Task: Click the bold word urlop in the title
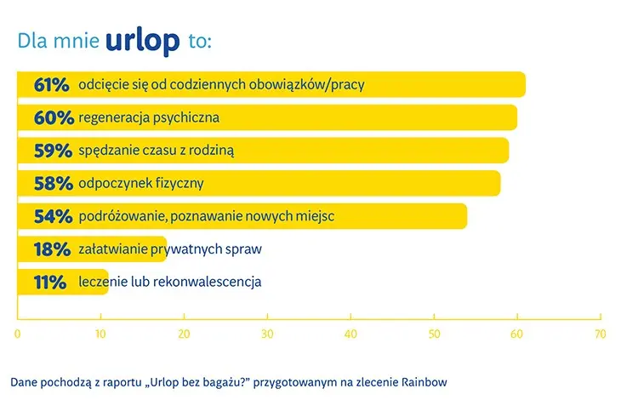click(143, 41)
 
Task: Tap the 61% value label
click(52, 85)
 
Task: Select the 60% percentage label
click(54, 117)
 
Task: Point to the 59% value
click(53, 151)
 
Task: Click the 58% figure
click(54, 183)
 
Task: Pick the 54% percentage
click(53, 216)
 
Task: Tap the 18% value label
click(52, 249)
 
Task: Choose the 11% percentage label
click(50, 282)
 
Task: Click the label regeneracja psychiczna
click(149, 118)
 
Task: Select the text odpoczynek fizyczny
click(141, 184)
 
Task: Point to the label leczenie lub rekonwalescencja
click(170, 282)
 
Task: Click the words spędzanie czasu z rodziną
click(157, 151)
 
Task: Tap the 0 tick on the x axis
click(17, 334)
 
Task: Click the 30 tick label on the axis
click(267, 334)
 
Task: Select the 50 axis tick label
click(434, 334)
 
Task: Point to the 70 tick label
click(601, 334)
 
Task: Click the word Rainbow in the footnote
click(424, 382)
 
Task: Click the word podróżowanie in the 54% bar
click(122, 217)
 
